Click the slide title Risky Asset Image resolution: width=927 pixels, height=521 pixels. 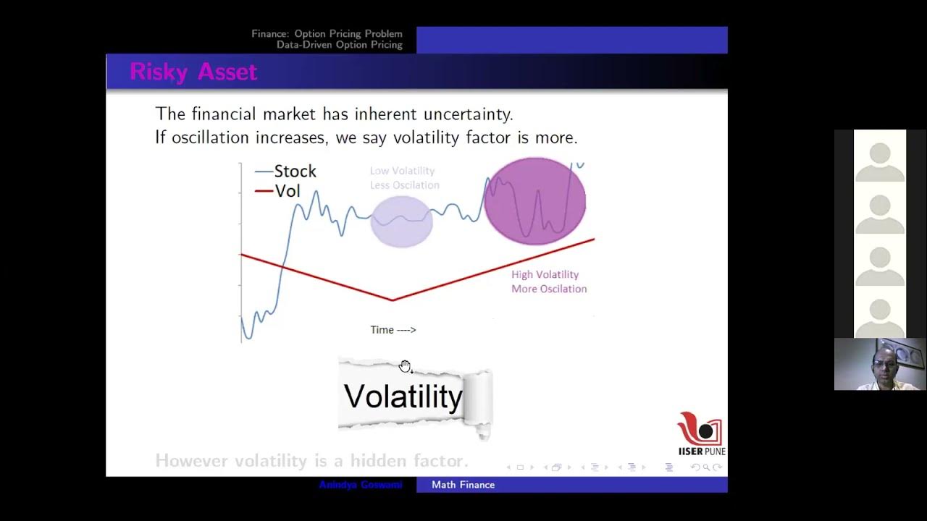click(x=193, y=72)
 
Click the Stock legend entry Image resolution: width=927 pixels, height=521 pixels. click(x=286, y=171)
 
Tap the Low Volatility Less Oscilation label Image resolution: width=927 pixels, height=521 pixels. click(x=403, y=178)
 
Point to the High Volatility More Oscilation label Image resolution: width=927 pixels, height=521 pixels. click(x=548, y=281)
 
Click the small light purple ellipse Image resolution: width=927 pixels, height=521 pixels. click(x=401, y=221)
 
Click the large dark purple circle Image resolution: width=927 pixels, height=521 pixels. click(x=534, y=201)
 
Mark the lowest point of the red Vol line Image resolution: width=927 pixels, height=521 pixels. click(x=393, y=300)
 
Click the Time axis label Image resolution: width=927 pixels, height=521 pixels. click(x=393, y=330)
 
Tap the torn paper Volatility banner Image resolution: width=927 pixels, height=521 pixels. click(x=413, y=397)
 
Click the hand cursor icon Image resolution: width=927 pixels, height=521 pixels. click(x=405, y=366)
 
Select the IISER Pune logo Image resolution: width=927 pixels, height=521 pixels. click(x=700, y=433)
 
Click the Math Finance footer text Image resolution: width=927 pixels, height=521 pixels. click(x=463, y=485)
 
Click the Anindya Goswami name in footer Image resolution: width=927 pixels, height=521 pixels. click(x=360, y=485)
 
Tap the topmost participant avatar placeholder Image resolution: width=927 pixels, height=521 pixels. click(x=879, y=157)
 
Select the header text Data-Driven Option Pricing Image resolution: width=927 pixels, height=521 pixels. click(x=339, y=45)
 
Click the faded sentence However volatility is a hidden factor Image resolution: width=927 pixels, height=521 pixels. click(x=311, y=460)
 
